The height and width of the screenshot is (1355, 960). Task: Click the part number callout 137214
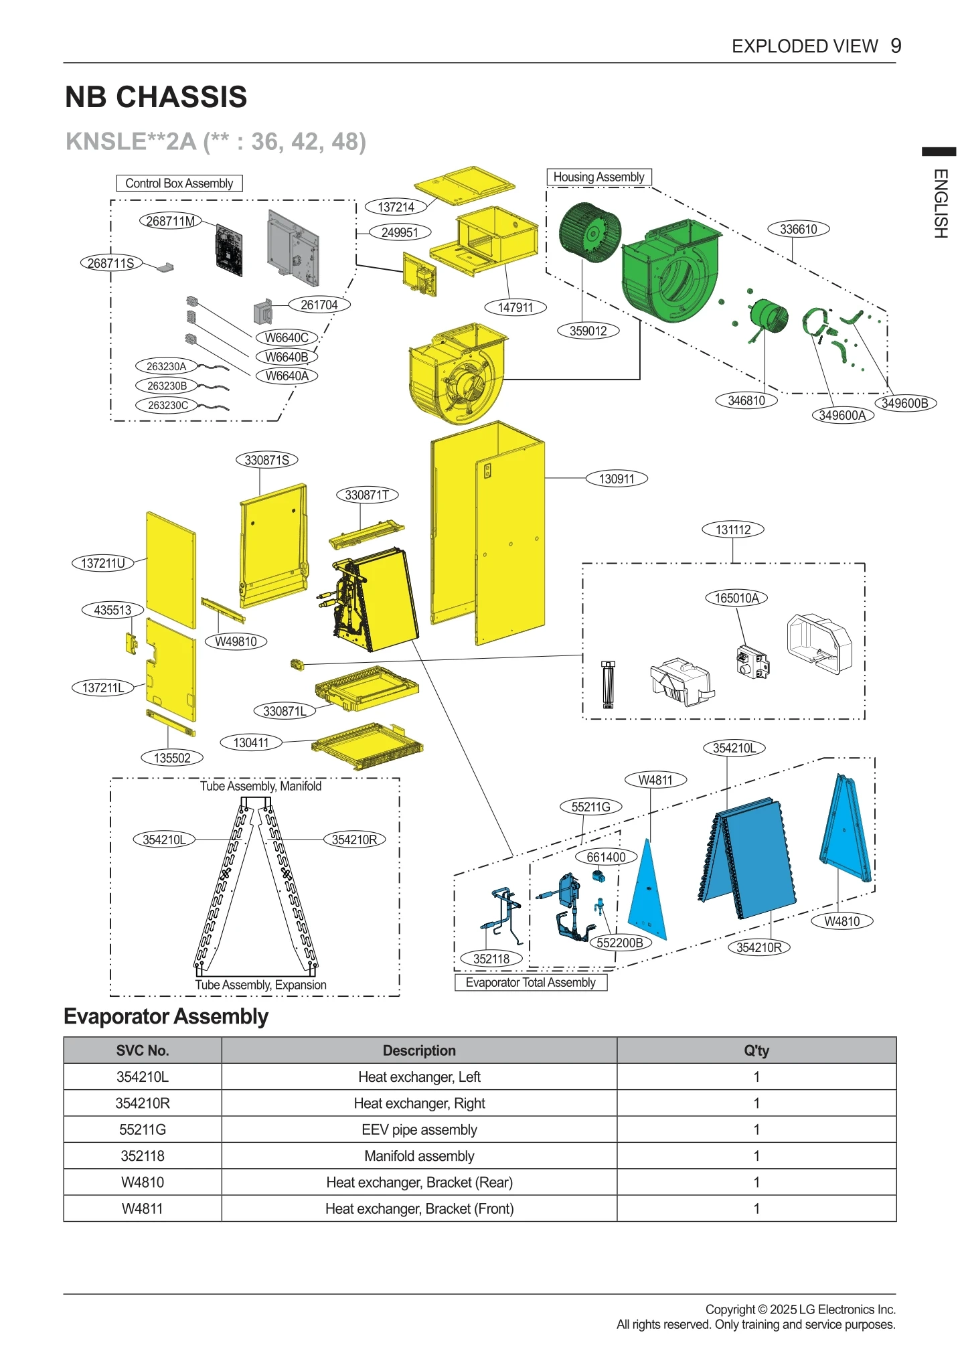click(396, 207)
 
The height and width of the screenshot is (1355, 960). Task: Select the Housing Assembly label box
click(598, 177)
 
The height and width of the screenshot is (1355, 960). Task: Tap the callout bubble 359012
click(588, 331)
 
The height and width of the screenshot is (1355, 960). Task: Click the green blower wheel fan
click(589, 232)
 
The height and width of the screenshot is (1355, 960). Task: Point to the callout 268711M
click(170, 221)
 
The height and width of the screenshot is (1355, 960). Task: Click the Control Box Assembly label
click(179, 183)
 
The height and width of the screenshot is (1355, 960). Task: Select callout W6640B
click(287, 357)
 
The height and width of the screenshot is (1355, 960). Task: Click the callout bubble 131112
click(732, 530)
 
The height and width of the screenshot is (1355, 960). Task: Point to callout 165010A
click(736, 598)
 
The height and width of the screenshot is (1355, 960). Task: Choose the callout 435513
click(112, 610)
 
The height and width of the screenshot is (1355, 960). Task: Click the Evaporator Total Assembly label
click(530, 982)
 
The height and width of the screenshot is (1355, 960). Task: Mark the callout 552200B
click(620, 943)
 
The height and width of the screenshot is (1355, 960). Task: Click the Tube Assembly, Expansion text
click(260, 985)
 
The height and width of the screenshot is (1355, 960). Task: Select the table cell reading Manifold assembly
click(419, 1155)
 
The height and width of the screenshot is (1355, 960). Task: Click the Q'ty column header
click(756, 1050)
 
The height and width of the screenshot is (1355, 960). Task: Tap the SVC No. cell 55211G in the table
click(143, 1129)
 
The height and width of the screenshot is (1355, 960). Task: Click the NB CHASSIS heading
click(156, 97)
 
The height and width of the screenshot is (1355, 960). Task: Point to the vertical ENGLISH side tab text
click(940, 204)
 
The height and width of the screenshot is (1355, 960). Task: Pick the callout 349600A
click(842, 415)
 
